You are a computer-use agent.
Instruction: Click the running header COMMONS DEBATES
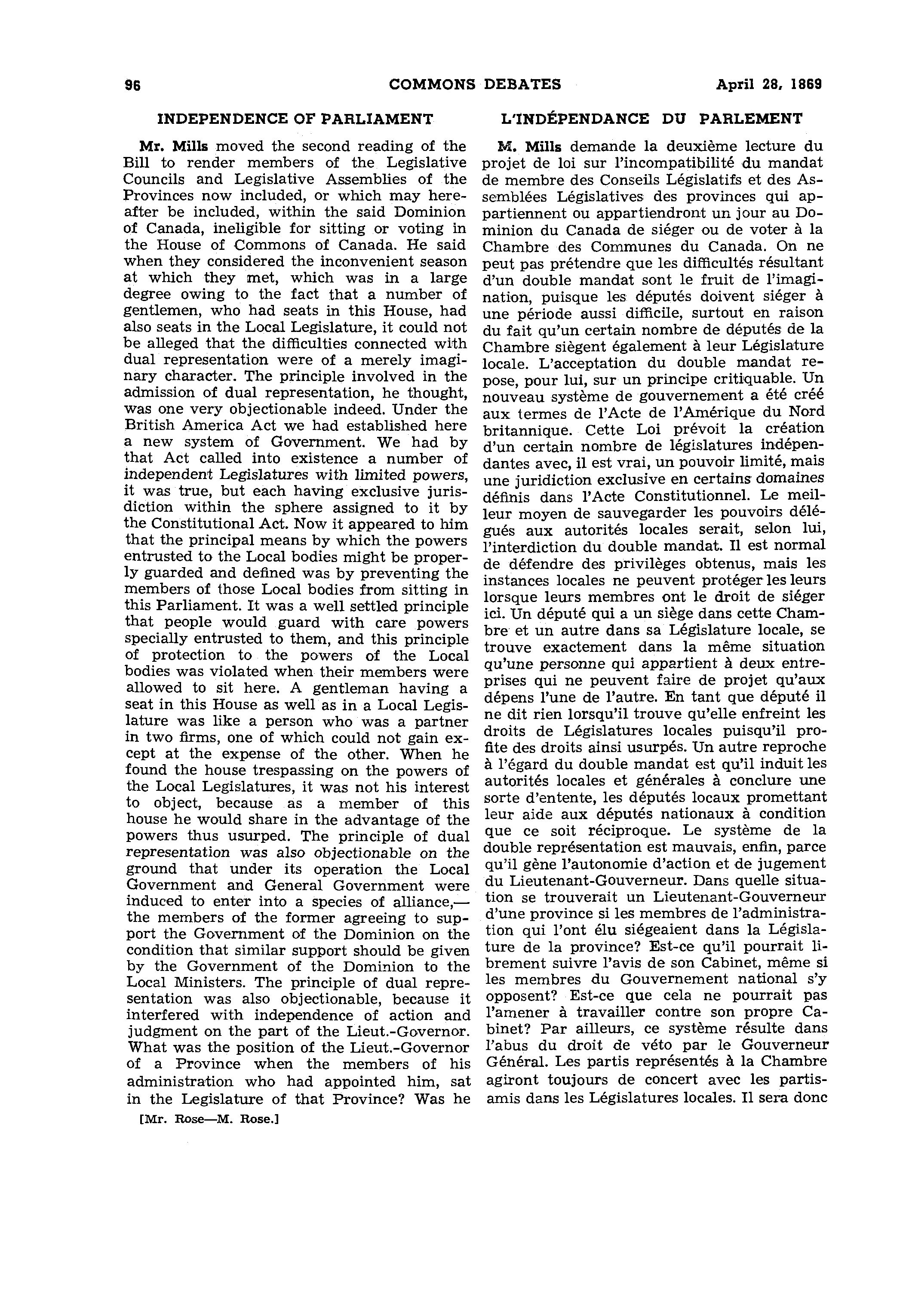[x=475, y=84]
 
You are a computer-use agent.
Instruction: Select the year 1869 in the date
[x=805, y=84]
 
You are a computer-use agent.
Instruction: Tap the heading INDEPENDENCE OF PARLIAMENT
[x=295, y=119]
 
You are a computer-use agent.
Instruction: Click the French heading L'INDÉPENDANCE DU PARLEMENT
[x=651, y=119]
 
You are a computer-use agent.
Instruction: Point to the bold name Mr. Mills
[x=174, y=147]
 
